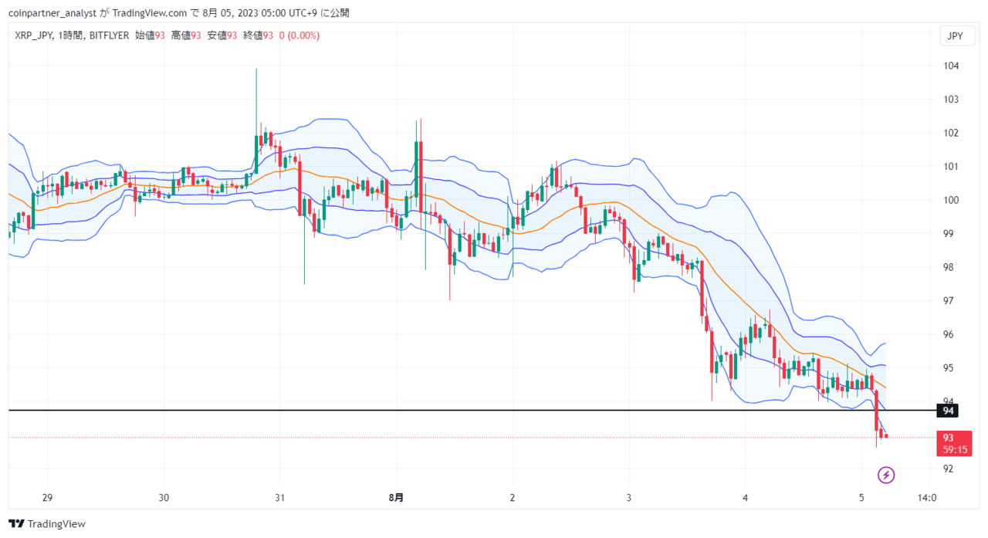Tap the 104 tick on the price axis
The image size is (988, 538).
951,66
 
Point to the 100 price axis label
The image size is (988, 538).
951,200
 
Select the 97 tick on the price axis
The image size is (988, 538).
949,301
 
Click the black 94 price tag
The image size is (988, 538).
948,411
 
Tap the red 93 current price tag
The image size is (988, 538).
955,443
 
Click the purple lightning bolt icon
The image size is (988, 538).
885,475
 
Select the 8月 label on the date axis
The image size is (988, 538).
396,498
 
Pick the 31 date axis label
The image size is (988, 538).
279,498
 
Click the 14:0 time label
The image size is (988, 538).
927,498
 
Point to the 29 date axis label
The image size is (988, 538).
47,498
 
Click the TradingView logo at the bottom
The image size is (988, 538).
47,524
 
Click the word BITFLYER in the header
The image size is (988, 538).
109,36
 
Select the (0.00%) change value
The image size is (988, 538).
303,36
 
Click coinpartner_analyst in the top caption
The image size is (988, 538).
52,13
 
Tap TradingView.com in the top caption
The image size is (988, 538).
150,13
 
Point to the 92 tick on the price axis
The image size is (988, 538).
949,469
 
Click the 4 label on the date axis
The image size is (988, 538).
745,498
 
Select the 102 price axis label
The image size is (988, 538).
951,133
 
